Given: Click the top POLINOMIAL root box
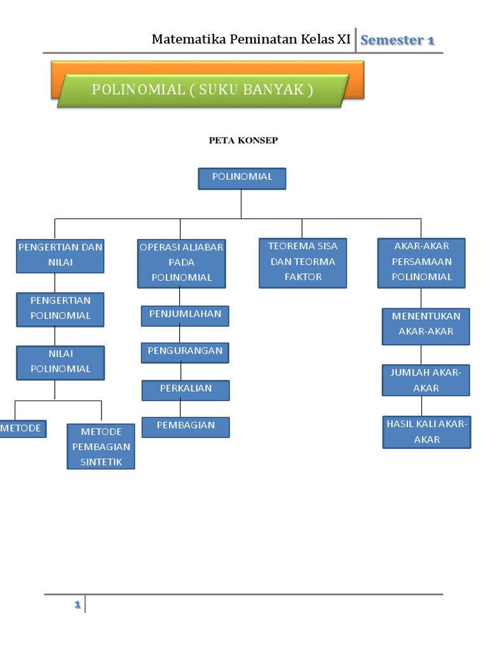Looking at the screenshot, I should point(241,178).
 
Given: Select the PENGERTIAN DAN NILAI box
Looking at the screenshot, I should point(60,255).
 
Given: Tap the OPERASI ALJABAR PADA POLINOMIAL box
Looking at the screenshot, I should point(182,263).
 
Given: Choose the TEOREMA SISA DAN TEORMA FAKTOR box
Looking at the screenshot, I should point(302,262).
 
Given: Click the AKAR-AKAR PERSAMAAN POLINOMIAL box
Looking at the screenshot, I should point(421,262).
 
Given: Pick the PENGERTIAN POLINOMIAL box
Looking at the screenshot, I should point(60,308).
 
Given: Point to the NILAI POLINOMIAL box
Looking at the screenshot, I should point(60,362).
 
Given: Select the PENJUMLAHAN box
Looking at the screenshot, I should point(185,315).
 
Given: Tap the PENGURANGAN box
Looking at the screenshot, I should point(185,352).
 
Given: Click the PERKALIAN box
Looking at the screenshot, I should point(185,389).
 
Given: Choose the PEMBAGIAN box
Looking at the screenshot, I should point(185,427).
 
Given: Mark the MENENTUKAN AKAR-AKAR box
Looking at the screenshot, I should point(426,325).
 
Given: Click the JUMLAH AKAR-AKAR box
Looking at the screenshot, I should point(426,380).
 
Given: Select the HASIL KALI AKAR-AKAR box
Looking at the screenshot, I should point(426,432).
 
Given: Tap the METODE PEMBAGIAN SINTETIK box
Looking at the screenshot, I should point(101,446).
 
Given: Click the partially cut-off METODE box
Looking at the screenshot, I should point(22,428).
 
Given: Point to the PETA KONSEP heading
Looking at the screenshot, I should point(243,140).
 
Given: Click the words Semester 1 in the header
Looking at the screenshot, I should point(397,41).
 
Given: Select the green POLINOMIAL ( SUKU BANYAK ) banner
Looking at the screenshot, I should point(203,90).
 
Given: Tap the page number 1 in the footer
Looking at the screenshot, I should point(77,605).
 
